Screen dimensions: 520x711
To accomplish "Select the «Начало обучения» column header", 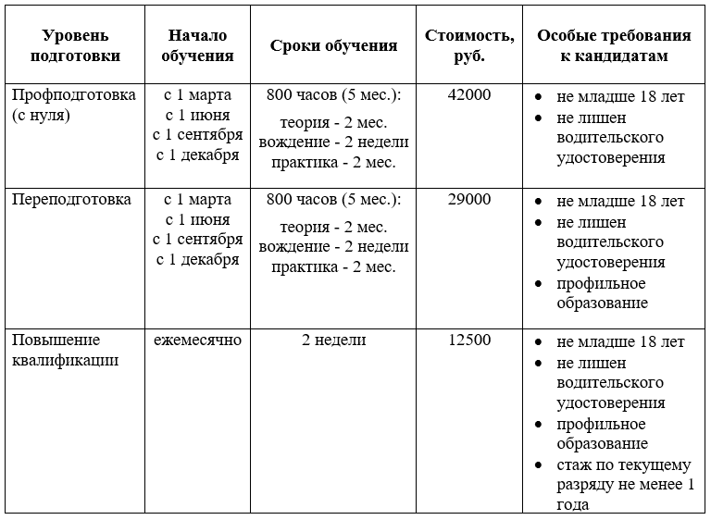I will click(x=198, y=45).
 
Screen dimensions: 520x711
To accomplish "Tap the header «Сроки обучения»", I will click(x=334, y=45).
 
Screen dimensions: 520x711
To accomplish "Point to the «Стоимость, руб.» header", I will click(x=470, y=45).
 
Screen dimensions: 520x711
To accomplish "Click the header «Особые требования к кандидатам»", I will click(x=614, y=45).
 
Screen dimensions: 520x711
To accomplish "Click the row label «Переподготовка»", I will click(x=71, y=200).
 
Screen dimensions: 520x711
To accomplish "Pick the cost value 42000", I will click(x=469, y=95).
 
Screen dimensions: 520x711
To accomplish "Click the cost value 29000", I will click(x=469, y=200).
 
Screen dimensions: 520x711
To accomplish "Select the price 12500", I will click(x=469, y=340).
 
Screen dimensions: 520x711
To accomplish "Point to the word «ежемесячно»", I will click(x=198, y=340).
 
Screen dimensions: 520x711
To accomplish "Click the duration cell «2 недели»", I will click(x=334, y=340).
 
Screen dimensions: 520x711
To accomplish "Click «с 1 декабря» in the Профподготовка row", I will click(x=198, y=155).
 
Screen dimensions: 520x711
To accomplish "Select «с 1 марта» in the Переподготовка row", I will click(x=198, y=200).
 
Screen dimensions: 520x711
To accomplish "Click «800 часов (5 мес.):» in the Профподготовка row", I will click(x=334, y=95).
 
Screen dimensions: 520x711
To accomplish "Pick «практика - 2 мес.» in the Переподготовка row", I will click(x=334, y=267).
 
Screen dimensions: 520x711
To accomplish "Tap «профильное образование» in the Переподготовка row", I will click(x=602, y=293).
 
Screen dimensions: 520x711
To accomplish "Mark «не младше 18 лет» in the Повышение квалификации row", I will click(x=620, y=340).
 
